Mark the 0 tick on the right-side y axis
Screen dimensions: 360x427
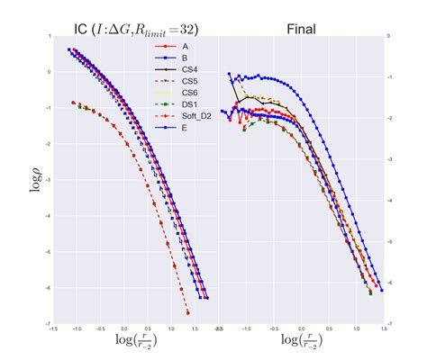pyautogui.click(x=388, y=37)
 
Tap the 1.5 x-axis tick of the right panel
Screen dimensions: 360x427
pyautogui.click(x=382, y=330)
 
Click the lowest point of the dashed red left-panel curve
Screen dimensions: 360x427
pyautogui.click(x=187, y=313)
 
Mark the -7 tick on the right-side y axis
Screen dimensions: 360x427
pyautogui.click(x=388, y=324)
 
